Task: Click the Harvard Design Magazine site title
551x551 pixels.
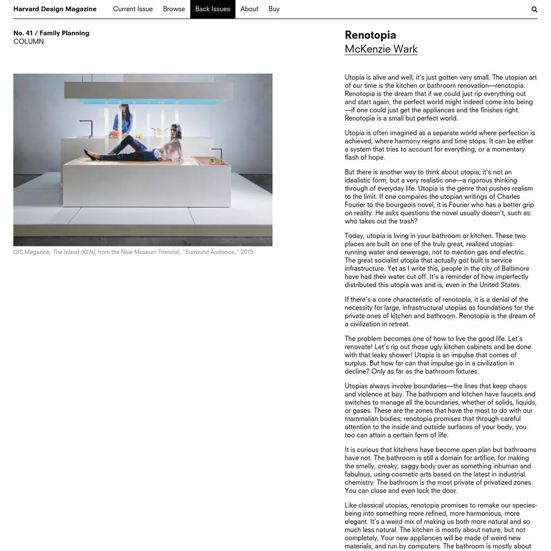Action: (x=55, y=9)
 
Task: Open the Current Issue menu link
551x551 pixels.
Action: (x=133, y=9)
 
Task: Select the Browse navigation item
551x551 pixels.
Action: (x=174, y=9)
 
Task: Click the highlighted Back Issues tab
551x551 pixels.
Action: (x=213, y=9)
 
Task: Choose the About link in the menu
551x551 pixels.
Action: (x=249, y=9)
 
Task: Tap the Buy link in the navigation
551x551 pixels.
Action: (x=274, y=9)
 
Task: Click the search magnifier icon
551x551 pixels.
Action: (x=534, y=9)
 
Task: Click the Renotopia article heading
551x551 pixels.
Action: (x=370, y=35)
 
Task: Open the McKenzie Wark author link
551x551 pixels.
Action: (x=381, y=49)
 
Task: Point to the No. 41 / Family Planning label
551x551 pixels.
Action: (x=51, y=33)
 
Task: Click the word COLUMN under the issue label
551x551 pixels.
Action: (x=29, y=42)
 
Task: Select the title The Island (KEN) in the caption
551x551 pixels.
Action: (x=74, y=252)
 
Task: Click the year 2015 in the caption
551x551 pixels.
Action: (x=247, y=252)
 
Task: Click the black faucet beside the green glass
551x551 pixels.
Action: (x=216, y=154)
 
